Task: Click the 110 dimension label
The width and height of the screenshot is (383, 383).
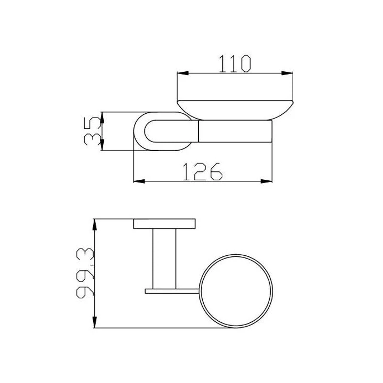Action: click(235, 64)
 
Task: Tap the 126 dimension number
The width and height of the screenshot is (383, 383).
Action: click(203, 172)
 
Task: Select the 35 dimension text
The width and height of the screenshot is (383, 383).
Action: click(92, 131)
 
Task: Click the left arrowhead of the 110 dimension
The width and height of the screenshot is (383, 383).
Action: click(183, 73)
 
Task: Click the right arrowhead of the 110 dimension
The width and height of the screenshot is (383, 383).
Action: click(287, 73)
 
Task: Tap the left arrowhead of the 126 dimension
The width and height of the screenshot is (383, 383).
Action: click(139, 181)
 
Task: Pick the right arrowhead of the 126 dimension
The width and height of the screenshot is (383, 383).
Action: click(266, 181)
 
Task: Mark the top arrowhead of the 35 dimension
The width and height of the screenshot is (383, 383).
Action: click(102, 118)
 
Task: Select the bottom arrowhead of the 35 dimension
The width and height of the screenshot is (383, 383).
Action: click(102, 145)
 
